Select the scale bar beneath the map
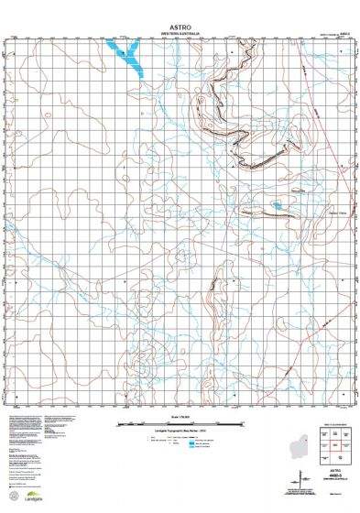pyautogui.click(x=180, y=424)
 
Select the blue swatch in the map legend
pyautogui.click(x=191, y=445)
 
